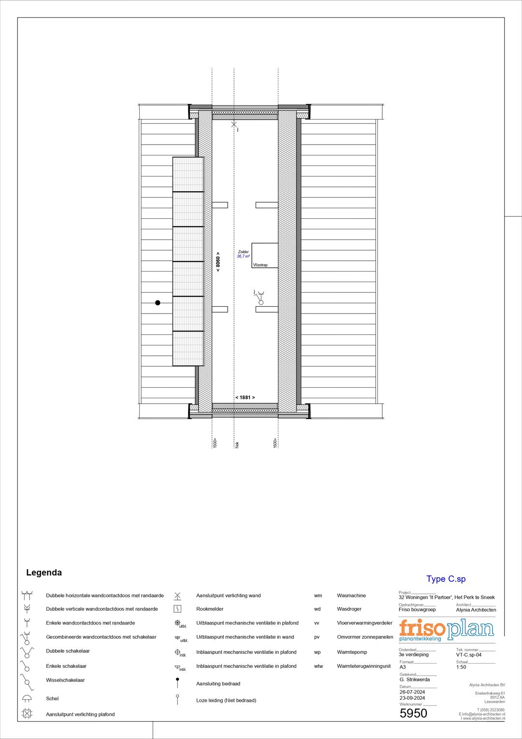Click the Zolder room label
(x=243, y=252)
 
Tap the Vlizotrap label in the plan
(x=260, y=265)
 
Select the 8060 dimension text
(x=218, y=262)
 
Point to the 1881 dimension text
(x=245, y=397)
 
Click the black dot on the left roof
(x=158, y=302)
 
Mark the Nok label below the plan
(x=237, y=444)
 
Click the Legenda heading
(x=44, y=573)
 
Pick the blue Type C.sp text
(x=446, y=579)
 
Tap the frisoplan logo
(x=446, y=630)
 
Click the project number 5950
(x=413, y=713)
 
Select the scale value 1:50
(x=461, y=667)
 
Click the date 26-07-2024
(x=412, y=692)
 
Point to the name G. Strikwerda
(x=414, y=679)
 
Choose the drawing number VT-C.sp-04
(x=468, y=655)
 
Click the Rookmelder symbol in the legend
(x=177, y=609)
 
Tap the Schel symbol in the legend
(x=27, y=698)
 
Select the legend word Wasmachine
(x=351, y=595)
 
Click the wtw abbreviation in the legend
(x=318, y=666)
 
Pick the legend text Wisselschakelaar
(x=65, y=680)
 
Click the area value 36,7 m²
(x=243, y=256)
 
